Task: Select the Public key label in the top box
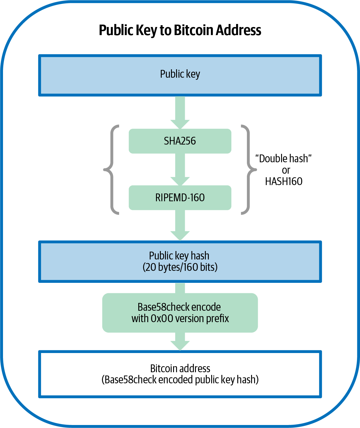pos(180,74)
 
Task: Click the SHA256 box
pos(180,141)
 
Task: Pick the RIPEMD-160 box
pos(180,198)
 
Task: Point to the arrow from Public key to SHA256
pos(180,112)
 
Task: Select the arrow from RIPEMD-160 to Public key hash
pos(180,225)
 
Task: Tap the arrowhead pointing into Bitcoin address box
pos(180,345)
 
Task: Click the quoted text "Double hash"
pos(283,158)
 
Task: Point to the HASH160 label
pos(283,181)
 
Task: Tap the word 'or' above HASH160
pos(286,170)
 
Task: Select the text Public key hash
pos(179,256)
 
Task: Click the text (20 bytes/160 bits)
pos(180,267)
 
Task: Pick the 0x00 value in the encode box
pos(162,319)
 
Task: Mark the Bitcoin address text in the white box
pos(180,368)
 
